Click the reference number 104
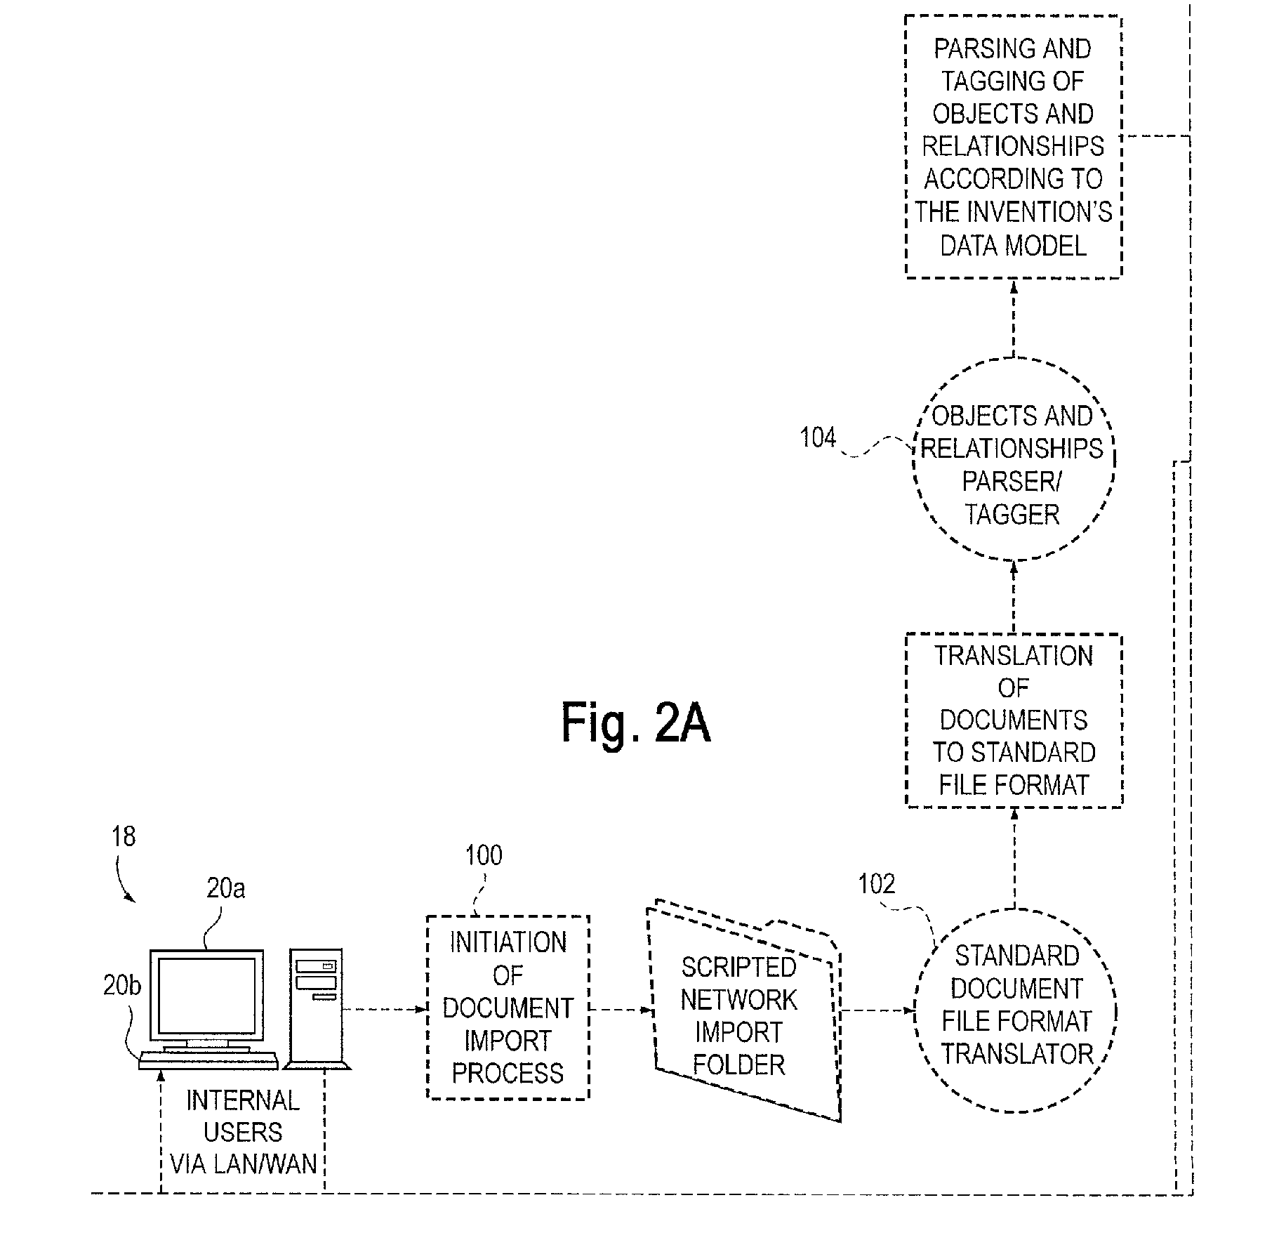[818, 439]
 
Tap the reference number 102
[877, 883]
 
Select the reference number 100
[484, 855]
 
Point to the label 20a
[225, 889]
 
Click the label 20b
[122, 987]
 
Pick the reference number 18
[124, 837]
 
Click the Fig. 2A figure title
[635, 724]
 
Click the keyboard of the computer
[208, 1060]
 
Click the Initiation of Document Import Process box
[508, 1007]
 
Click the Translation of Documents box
[1014, 720]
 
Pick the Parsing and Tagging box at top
[1013, 146]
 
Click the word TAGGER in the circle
[1012, 515]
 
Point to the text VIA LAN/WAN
[244, 1164]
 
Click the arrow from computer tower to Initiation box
[385, 1009]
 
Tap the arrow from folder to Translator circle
[877, 1011]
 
